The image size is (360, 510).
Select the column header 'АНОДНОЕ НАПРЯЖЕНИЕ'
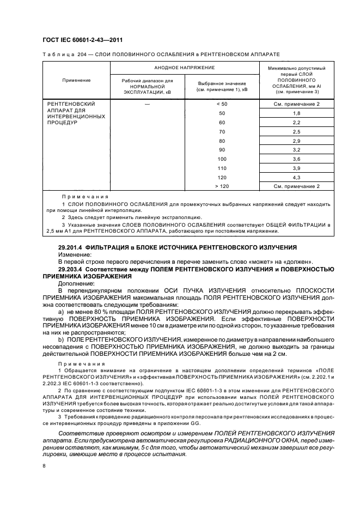(x=184, y=68)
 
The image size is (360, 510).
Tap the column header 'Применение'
(x=76, y=80)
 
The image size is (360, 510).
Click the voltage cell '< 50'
(x=221, y=104)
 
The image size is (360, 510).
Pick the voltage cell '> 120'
(x=221, y=186)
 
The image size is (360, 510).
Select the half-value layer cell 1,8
(x=296, y=113)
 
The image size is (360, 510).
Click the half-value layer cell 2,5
(x=296, y=131)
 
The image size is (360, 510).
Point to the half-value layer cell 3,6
(x=296, y=159)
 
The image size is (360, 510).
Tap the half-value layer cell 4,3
(x=296, y=177)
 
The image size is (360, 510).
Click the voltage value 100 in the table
(x=221, y=159)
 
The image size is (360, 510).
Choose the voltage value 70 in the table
(x=221, y=131)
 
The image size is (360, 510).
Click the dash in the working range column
(x=147, y=104)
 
